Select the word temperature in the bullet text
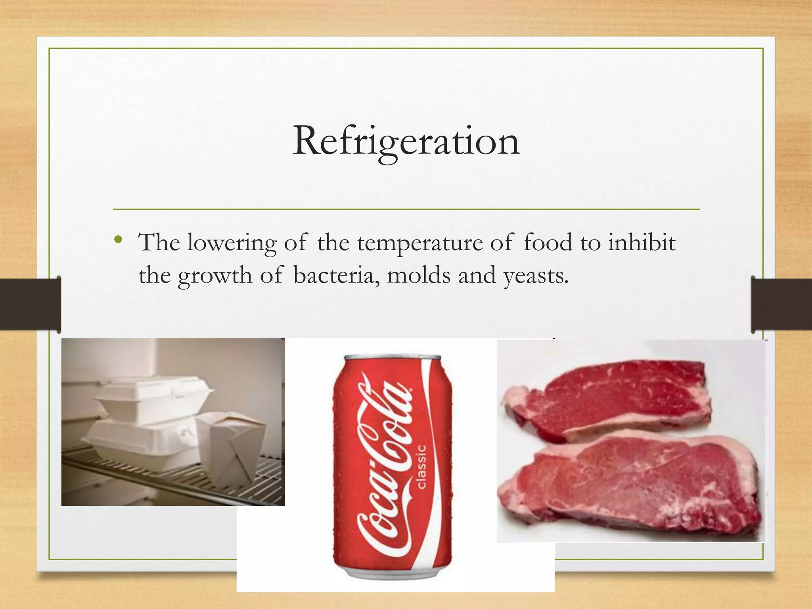[x=419, y=243]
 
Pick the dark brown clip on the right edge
[x=781, y=304]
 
